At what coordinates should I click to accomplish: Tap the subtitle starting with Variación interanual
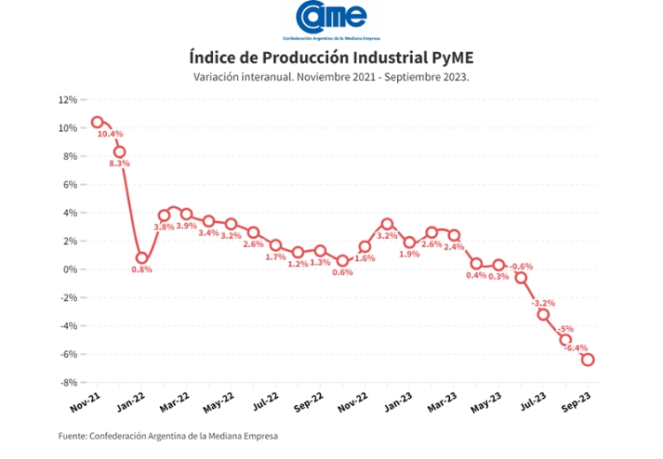(x=331, y=77)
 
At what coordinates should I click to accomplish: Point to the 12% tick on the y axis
(x=67, y=100)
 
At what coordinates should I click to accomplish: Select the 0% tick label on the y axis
(x=70, y=270)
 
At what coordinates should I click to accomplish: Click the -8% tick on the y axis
(x=68, y=383)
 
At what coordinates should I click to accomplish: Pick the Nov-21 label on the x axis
(x=86, y=403)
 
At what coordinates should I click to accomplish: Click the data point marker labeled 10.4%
(x=97, y=122)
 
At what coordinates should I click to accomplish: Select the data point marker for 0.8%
(x=141, y=258)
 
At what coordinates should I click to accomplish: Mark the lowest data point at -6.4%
(x=587, y=360)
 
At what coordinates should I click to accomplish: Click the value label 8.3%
(x=119, y=164)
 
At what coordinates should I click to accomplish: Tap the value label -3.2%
(x=543, y=303)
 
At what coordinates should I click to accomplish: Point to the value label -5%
(x=567, y=329)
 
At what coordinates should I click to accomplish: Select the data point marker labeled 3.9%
(x=187, y=214)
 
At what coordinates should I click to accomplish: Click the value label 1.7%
(x=275, y=257)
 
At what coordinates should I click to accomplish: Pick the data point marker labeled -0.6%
(x=521, y=278)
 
